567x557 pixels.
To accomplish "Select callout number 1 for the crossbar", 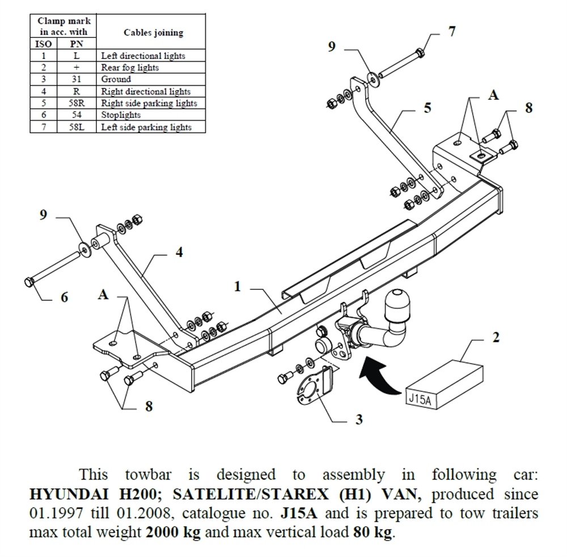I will pyautogui.click(x=238, y=287).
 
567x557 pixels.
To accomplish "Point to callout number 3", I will pyautogui.click(x=358, y=420).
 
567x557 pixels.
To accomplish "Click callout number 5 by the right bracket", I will pyautogui.click(x=427, y=107).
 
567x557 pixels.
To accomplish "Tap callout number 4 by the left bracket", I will pyautogui.click(x=179, y=252).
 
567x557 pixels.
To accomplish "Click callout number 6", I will pyautogui.click(x=64, y=297).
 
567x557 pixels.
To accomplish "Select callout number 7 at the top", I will pyautogui.click(x=451, y=32).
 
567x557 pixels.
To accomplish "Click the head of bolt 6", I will pyautogui.click(x=29, y=282).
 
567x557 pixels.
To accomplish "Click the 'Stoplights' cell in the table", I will pyautogui.click(x=121, y=115).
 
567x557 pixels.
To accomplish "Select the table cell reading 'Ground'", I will pyautogui.click(x=116, y=79).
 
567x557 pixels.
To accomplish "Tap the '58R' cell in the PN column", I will pyautogui.click(x=76, y=103).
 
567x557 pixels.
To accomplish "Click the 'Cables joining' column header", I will pyautogui.click(x=153, y=32).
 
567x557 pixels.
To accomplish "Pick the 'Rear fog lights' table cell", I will pyautogui.click(x=130, y=67).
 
